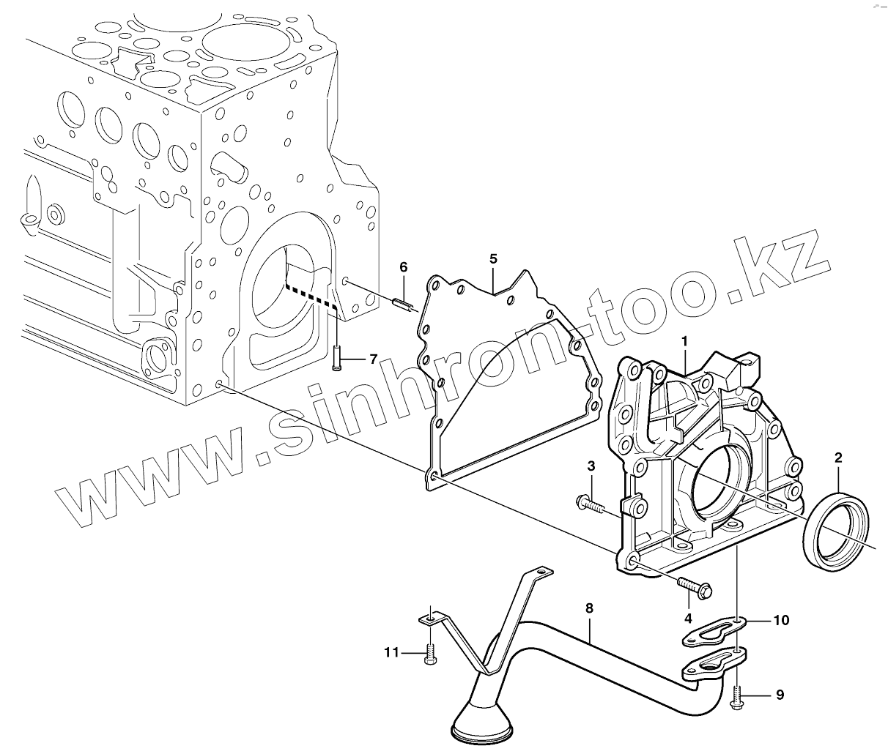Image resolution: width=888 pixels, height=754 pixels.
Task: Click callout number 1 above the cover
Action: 684,341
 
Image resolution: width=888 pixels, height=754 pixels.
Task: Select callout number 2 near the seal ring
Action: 838,458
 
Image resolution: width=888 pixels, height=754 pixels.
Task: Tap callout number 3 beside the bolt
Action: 591,466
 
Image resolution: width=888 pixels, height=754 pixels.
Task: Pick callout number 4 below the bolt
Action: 688,618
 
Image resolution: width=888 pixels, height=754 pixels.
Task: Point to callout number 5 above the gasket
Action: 493,258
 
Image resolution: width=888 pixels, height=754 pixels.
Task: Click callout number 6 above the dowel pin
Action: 403,267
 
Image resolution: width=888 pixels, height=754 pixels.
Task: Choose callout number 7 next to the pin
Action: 372,359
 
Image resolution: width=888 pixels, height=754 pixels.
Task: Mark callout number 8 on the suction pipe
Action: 589,608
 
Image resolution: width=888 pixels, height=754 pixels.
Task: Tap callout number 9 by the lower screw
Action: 780,695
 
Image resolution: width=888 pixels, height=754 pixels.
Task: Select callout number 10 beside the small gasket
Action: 781,620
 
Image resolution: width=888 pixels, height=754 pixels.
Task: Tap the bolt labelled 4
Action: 695,586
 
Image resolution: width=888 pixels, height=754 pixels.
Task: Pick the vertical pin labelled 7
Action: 336,358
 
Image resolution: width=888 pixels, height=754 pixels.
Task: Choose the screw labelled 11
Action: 429,653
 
